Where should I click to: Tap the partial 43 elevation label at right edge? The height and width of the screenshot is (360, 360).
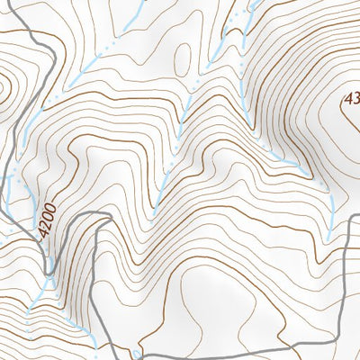coord(351,98)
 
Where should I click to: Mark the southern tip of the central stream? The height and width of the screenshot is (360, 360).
coord(155,209)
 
